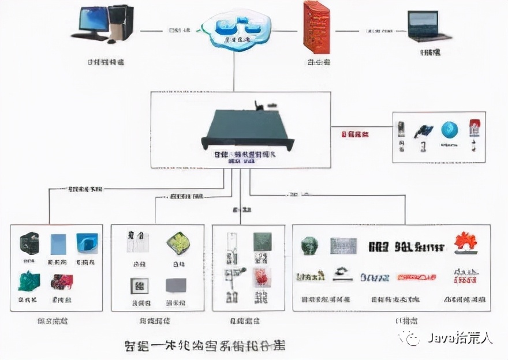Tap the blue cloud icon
coord(236,29)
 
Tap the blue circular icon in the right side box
coord(450,130)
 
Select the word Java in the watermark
coord(440,338)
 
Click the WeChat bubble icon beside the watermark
coord(413,338)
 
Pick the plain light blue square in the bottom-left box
coord(59,244)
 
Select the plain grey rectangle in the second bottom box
coord(175,285)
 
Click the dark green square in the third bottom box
coord(262,242)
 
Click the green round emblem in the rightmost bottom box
coord(309,246)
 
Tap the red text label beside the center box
coord(355,134)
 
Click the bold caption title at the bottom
coord(205,346)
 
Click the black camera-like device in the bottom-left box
coord(29,243)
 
